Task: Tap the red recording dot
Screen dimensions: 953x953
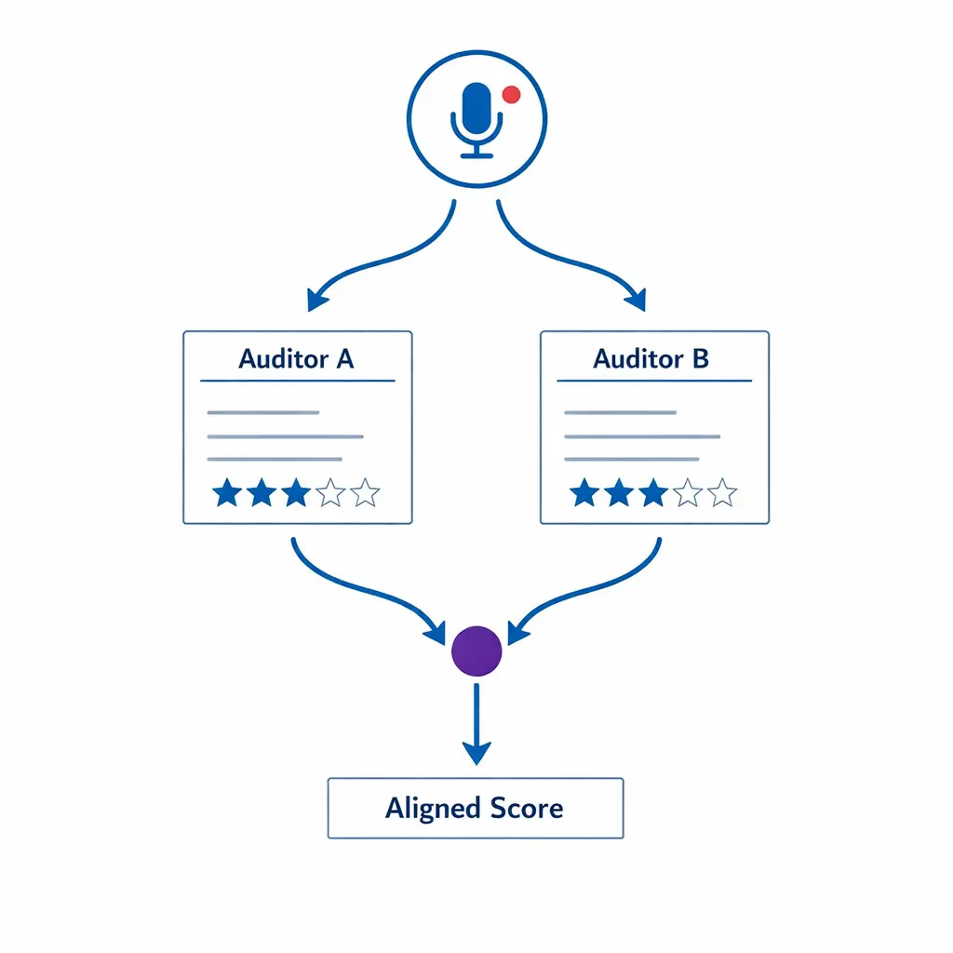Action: tap(510, 93)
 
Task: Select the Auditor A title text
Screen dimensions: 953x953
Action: tap(296, 359)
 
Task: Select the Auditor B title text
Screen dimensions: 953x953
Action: tap(651, 359)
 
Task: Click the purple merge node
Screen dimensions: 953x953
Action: tap(476, 651)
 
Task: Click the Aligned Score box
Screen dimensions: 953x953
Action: tap(476, 808)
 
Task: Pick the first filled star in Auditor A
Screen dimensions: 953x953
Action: tap(226, 492)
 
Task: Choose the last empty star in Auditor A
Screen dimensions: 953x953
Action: tap(366, 492)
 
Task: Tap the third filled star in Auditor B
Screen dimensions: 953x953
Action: tap(651, 492)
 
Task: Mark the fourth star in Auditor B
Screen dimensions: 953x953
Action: tap(687, 492)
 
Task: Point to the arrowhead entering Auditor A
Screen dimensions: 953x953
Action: tap(317, 300)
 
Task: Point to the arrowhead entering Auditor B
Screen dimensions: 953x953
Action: tap(636, 300)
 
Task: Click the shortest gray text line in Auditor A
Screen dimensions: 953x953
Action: tap(263, 412)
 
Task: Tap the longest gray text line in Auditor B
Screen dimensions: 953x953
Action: tap(642, 436)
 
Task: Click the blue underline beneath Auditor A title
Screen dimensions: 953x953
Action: tap(297, 381)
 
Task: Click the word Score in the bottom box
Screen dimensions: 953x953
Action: tap(527, 808)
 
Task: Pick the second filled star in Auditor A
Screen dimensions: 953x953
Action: tap(262, 492)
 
